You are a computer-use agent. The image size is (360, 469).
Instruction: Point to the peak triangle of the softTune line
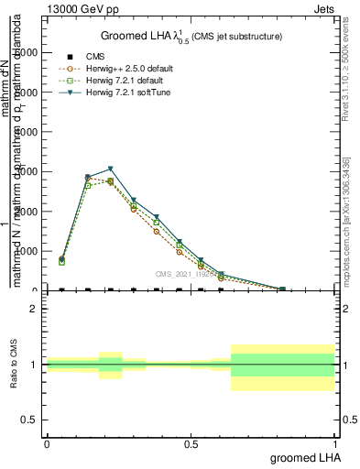(x=111, y=169)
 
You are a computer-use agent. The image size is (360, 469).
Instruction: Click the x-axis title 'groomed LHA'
(x=304, y=457)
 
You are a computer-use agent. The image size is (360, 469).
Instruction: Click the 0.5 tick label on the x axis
(x=191, y=443)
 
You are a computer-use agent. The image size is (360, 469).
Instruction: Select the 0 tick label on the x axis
(x=47, y=443)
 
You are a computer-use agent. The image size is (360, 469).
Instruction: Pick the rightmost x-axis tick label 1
(x=336, y=443)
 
